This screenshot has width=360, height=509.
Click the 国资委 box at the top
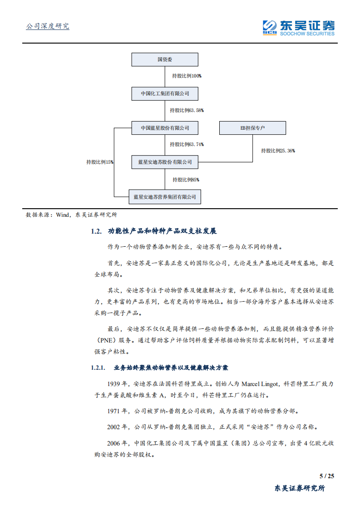coord(165,59)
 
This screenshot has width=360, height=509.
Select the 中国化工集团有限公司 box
coord(165,93)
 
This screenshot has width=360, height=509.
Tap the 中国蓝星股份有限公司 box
coord(165,128)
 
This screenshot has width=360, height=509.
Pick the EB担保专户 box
coord(252,128)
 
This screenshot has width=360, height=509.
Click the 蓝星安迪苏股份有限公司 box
coord(165,162)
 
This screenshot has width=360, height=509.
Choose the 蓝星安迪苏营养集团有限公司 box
coord(165,197)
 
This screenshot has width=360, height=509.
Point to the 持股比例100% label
coord(187,76)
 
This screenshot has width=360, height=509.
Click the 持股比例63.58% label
coord(187,110)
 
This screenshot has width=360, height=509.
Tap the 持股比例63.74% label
coord(187,144)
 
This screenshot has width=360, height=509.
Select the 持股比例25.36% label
coord(278,151)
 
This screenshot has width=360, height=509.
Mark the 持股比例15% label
coord(100,162)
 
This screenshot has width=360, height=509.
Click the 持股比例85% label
coord(186,180)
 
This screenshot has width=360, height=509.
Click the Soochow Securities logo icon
coord(270,27)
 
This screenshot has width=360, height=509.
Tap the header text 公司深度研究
coord(48,26)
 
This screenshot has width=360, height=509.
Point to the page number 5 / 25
coord(327,476)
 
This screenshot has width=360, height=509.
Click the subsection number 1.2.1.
coord(98,367)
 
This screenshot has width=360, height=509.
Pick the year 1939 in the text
coord(116,383)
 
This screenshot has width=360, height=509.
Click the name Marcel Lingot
coord(259,383)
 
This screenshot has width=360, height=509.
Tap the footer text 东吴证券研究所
coord(300,489)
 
